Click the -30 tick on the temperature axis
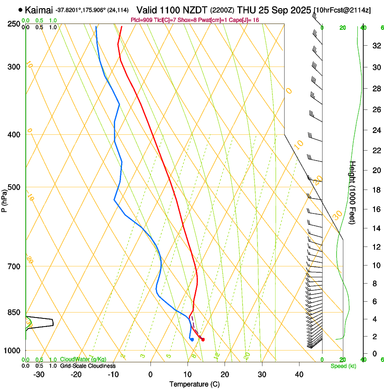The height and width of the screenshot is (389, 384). pyautogui.click(x=39, y=374)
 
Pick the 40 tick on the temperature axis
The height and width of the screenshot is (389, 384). pyautogui.click(x=299, y=374)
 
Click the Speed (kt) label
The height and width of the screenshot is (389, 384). pyautogui.click(x=343, y=366)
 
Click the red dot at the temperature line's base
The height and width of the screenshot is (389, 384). pyautogui.click(x=202, y=339)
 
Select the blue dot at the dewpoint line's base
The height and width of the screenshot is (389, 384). pyautogui.click(x=192, y=339)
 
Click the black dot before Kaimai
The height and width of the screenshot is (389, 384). pyautogui.click(x=20, y=9)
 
